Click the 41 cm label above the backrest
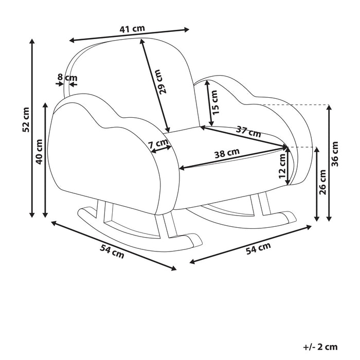[x=132, y=29]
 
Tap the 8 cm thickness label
[x=67, y=78]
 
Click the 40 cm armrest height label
[x=39, y=152]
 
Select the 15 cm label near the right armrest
[x=215, y=102]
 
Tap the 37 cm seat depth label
[x=248, y=131]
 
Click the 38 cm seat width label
[x=226, y=152]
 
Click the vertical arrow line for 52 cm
[x=32, y=129]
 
